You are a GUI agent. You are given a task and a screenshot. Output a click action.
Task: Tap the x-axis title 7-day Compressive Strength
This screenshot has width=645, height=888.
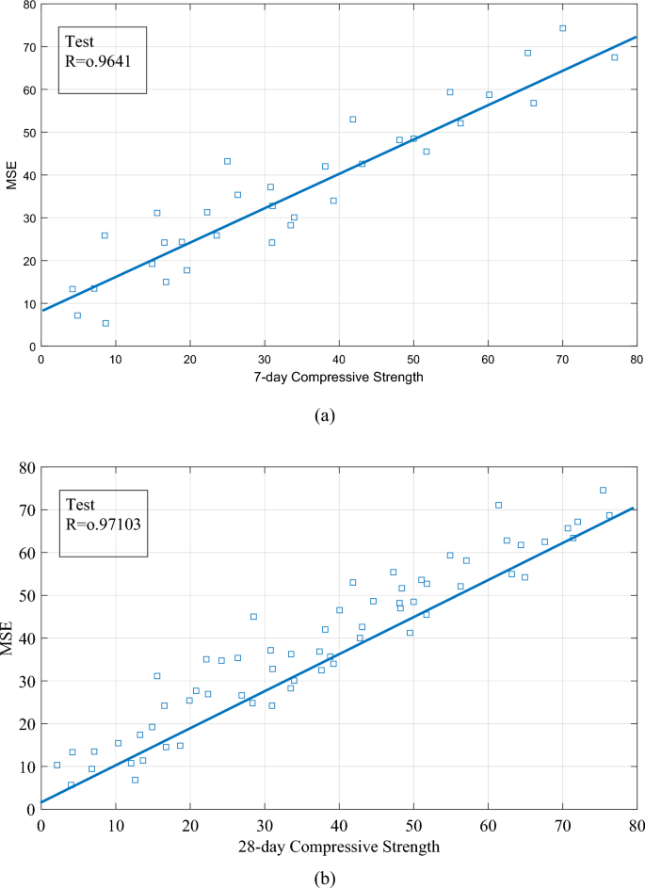coord(339,377)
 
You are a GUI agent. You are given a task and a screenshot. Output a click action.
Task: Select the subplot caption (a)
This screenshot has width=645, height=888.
coord(323,415)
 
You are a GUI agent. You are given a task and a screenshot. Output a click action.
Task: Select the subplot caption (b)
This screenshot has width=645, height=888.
coord(324,877)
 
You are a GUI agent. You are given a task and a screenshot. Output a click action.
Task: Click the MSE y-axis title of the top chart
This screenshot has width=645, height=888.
coord(12,175)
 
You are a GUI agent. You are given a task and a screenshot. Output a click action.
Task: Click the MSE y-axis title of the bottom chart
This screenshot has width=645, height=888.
coord(13,638)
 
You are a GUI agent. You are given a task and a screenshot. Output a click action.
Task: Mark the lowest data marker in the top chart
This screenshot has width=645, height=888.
coord(105,323)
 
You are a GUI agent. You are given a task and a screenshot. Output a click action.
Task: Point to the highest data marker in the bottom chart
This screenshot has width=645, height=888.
coord(603,490)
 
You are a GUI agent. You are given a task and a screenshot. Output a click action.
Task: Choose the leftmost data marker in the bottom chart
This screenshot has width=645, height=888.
coord(56,765)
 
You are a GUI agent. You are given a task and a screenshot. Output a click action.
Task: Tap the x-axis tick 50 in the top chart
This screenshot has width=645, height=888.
coord(413,359)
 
